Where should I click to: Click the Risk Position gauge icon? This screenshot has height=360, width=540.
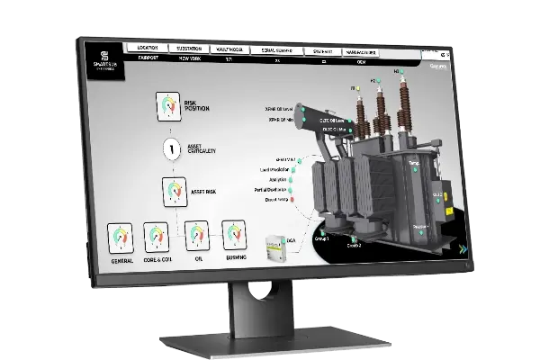(168, 105)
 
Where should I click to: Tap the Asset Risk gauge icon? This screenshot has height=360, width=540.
(174, 190)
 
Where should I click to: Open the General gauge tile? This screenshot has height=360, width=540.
(121, 238)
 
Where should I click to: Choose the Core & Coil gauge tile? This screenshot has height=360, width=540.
(157, 238)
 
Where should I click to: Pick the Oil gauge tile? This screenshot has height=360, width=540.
(196, 236)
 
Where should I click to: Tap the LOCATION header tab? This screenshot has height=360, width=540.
(148, 48)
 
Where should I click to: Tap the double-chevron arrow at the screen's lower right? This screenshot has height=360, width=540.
(462, 249)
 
